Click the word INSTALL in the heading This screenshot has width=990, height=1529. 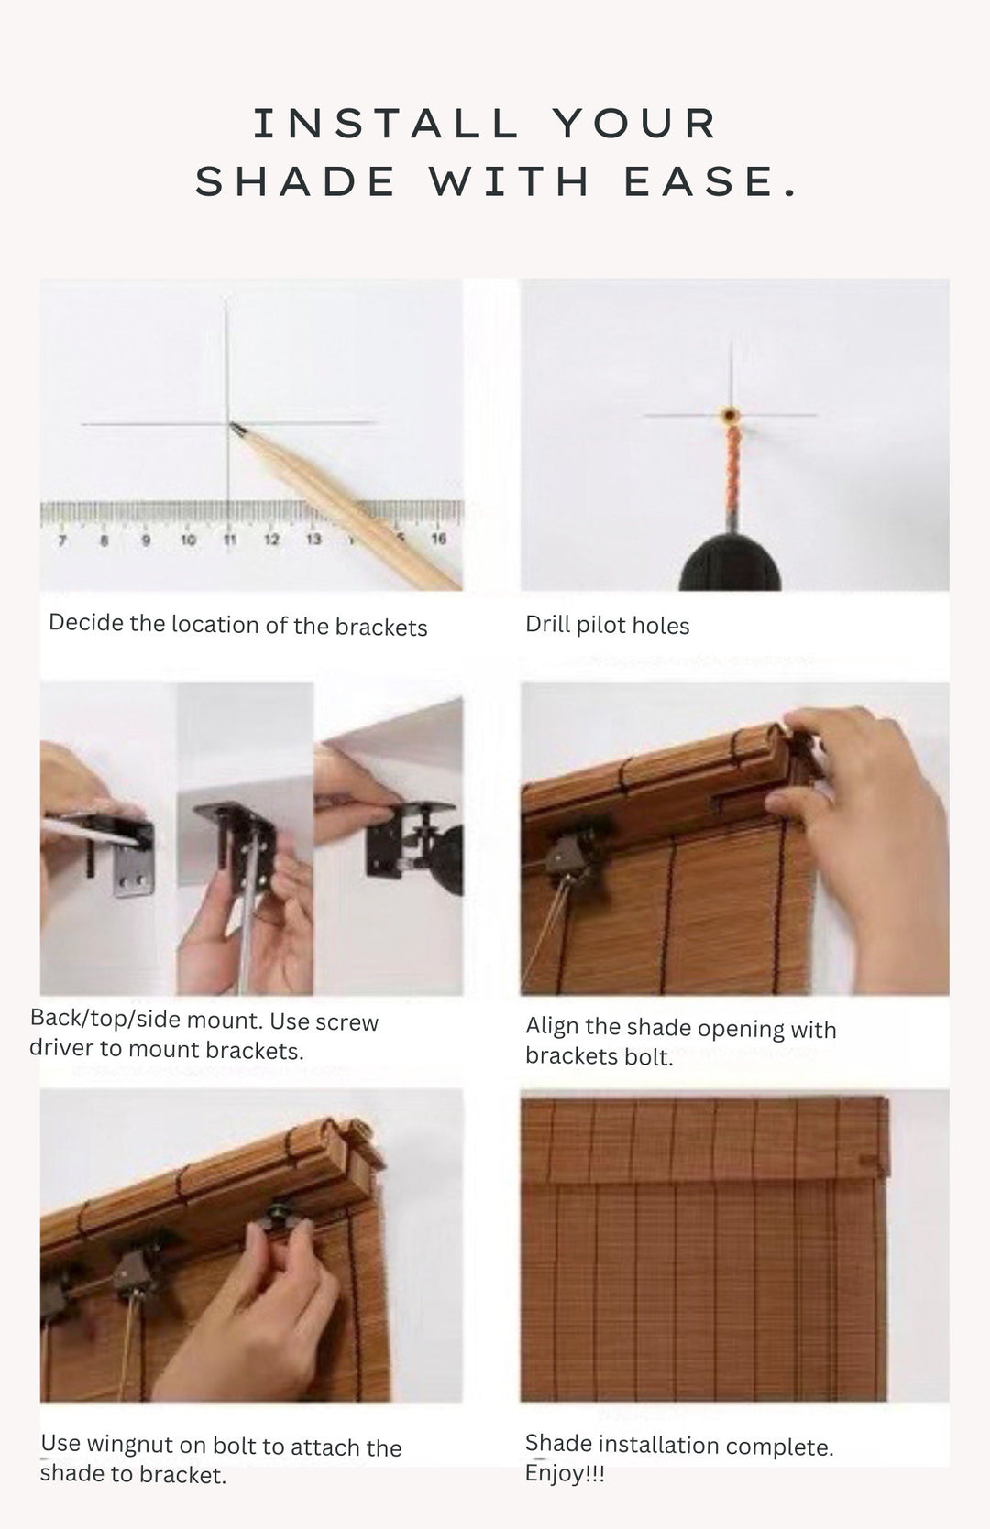tap(386, 124)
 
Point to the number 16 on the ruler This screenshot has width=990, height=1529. tap(439, 539)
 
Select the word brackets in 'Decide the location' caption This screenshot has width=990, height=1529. tap(381, 627)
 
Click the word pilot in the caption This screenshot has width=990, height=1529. tap(601, 626)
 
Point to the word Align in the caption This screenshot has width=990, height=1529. tap(552, 1026)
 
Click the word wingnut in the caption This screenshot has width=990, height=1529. tap(130, 1444)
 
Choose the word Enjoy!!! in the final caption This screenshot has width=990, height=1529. tap(565, 1473)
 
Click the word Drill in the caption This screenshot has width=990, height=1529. tap(548, 625)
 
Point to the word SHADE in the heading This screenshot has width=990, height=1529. tap(296, 181)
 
